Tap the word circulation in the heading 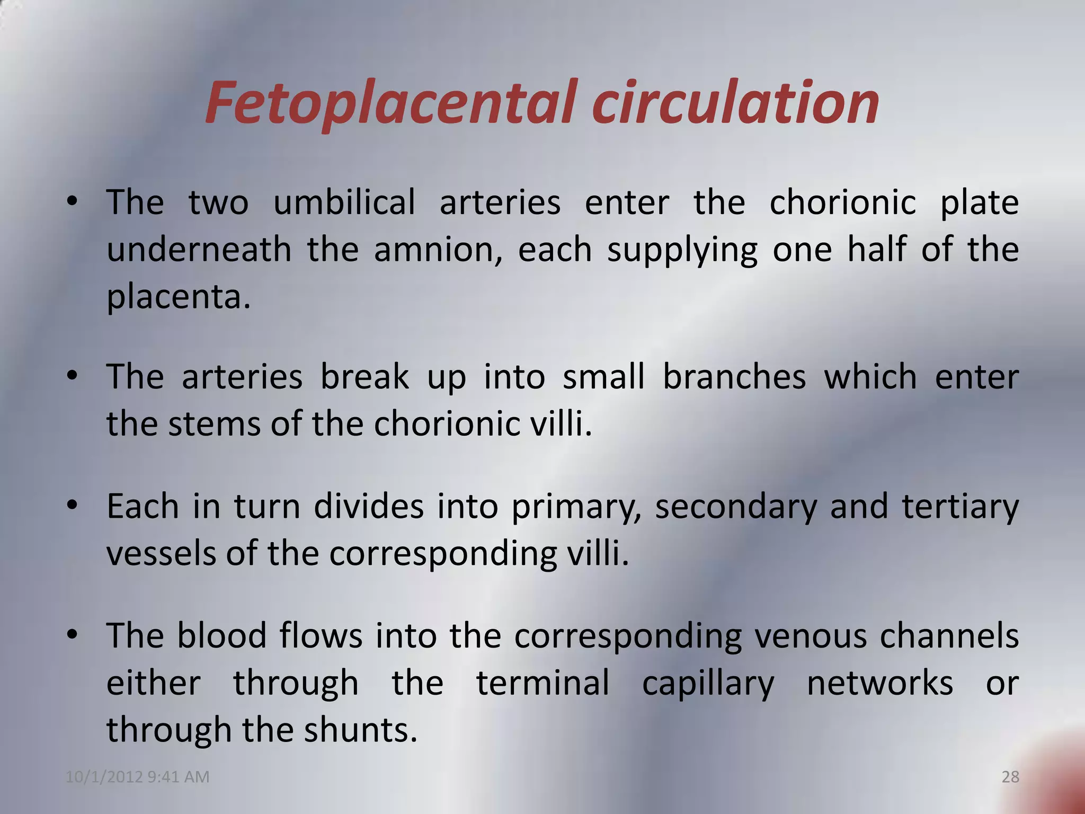click(736, 103)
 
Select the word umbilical click(344, 202)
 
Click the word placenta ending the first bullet click(177, 297)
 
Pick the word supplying click(682, 251)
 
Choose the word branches click(734, 377)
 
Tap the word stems click(215, 424)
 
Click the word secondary click(736, 506)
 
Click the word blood click(221, 635)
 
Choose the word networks click(879, 683)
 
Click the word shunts click(360, 730)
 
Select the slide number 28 click(1010, 777)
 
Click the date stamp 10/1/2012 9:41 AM click(138, 777)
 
